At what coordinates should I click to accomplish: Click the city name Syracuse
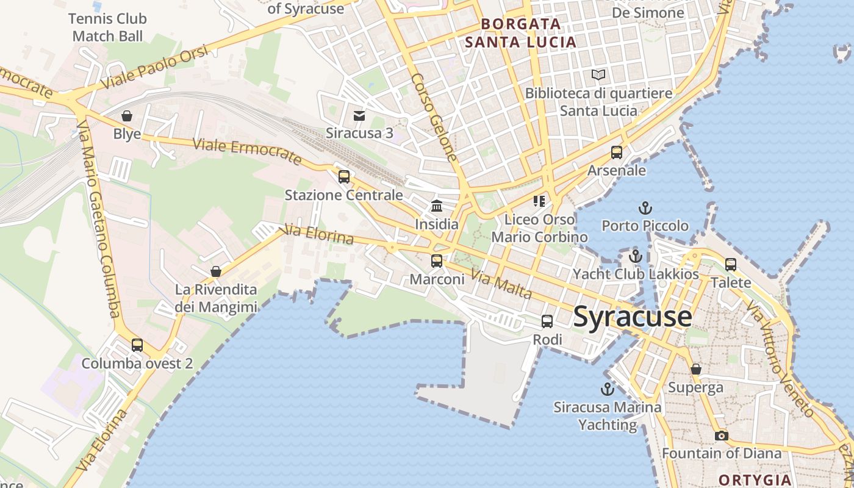[633, 317]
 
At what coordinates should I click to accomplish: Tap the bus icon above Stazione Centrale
[344, 177]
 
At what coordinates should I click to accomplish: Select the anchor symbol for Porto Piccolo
[645, 208]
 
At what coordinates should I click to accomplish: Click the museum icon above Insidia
[437, 206]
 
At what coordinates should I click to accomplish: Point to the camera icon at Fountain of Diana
[722, 436]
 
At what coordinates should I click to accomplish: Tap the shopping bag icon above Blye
[127, 116]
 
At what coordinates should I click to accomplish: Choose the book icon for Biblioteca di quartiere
[599, 75]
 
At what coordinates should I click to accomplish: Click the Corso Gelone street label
[434, 117]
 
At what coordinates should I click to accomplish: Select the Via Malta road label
[501, 285]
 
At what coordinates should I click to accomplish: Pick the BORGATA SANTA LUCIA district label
[520, 33]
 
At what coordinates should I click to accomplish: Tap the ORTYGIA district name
[754, 479]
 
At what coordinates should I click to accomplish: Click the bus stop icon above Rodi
[547, 321]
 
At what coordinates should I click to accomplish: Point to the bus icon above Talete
[731, 265]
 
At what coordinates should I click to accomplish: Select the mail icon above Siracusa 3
[359, 115]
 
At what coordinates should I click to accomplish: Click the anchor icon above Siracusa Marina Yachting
[607, 389]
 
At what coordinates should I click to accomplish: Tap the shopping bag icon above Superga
[695, 369]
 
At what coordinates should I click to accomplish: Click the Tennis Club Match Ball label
[107, 27]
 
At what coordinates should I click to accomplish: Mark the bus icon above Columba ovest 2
[137, 345]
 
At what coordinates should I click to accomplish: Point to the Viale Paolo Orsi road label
[155, 68]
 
